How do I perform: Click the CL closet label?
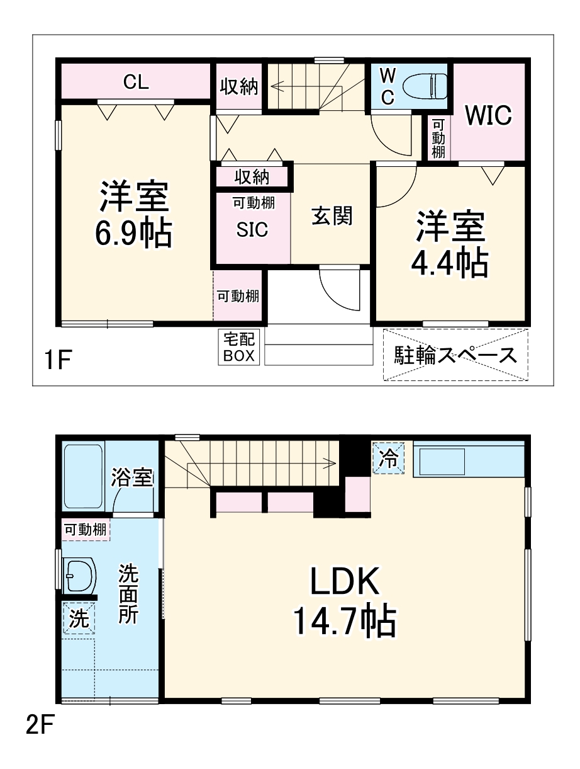coord(136,82)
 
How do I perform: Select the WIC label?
coord(488,115)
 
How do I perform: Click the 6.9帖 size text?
coord(133,234)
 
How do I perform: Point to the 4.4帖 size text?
coord(449,264)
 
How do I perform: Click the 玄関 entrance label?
coord(332,216)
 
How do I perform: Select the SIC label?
coord(252,230)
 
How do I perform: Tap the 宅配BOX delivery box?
coord(239,347)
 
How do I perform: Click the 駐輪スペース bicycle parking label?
coord(455,355)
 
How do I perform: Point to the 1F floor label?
coord(59,361)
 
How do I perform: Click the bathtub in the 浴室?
coord(84,477)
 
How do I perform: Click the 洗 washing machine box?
coord(79,618)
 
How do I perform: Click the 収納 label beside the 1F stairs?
coord(238,87)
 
